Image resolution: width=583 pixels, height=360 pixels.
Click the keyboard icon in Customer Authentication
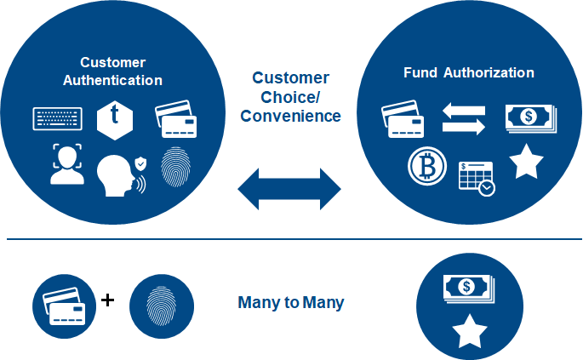click(x=57, y=117)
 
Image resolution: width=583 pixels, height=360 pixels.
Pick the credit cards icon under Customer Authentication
click(x=176, y=121)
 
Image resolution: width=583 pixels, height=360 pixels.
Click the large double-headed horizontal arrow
click(x=289, y=189)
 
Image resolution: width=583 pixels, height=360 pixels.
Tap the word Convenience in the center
click(x=290, y=116)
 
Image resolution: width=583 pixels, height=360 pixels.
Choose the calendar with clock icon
click(x=476, y=177)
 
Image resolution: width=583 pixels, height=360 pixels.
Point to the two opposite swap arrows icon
click(x=463, y=118)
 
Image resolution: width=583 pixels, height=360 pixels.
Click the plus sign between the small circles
click(x=107, y=300)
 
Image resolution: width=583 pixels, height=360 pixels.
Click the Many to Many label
click(x=290, y=303)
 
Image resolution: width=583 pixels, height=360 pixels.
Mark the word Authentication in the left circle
click(x=113, y=81)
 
